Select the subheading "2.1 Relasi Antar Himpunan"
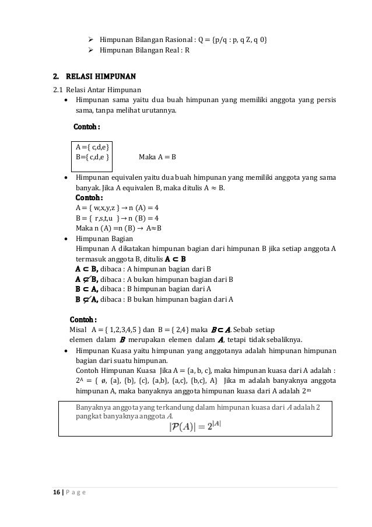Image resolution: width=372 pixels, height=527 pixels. [x=96, y=89]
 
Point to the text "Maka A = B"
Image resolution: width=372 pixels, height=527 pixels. [x=157, y=157]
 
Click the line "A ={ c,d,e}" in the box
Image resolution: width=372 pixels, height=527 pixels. [x=92, y=146]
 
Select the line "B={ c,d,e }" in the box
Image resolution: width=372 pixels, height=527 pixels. [x=92, y=157]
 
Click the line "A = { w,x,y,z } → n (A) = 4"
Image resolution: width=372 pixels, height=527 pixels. [x=117, y=207]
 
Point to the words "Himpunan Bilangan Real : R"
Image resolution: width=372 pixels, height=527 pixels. [x=145, y=50]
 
